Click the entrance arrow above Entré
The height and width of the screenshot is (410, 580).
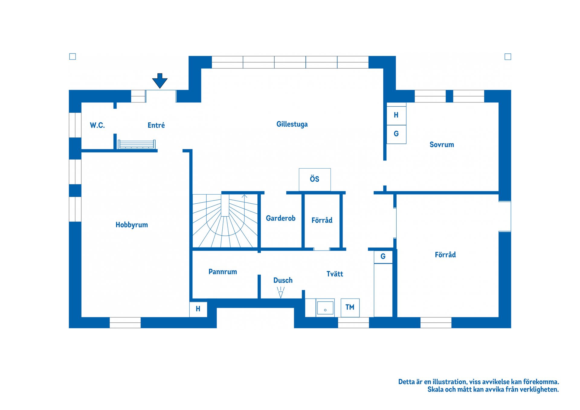tap(160, 81)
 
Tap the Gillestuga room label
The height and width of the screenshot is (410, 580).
tap(292, 124)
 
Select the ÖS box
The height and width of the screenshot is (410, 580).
tap(314, 179)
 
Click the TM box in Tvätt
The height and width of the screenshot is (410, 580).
tap(350, 307)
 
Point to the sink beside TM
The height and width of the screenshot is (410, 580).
tap(325, 308)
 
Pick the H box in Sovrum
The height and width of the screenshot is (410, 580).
tap(396, 115)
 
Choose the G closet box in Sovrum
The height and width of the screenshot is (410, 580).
tap(396, 134)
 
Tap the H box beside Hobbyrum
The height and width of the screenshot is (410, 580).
tap(198, 309)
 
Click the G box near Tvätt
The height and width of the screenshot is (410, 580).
tap(383, 257)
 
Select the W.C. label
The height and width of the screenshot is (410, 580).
tap(97, 125)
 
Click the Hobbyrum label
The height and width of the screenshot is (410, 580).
tap(132, 225)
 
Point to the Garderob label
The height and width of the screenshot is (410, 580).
tap(280, 218)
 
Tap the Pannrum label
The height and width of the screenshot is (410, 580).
tap(223, 272)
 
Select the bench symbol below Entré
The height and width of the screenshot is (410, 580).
tap(137, 144)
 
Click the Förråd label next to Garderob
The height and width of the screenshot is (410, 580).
tap(322, 220)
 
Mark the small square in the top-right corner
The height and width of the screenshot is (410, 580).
tap(508, 56)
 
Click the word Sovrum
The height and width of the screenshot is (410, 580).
tap(442, 144)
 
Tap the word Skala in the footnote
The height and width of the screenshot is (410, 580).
tap(435, 389)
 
